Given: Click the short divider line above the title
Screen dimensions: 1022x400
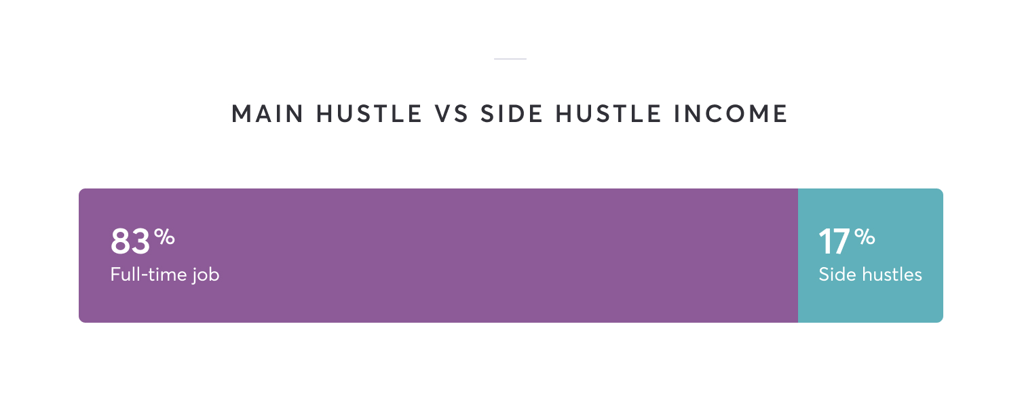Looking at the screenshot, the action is pos(510,59).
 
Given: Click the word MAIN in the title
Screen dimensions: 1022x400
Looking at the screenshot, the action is pos(267,113).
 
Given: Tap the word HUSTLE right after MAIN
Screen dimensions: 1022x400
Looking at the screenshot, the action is pos(368,113).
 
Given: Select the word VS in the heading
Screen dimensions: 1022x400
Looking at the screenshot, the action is pos(451,113).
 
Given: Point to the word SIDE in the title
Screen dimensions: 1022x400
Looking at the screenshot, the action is pos(512,113).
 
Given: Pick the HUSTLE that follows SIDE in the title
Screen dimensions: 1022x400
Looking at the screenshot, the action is pos(608,113).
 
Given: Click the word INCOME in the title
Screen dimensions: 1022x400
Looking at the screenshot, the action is pos(731,113).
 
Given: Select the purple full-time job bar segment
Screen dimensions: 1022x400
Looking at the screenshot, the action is pos(438,256).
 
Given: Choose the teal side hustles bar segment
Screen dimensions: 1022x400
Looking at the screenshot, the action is pos(871,256).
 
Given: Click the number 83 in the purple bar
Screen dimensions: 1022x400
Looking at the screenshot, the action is pos(130,241).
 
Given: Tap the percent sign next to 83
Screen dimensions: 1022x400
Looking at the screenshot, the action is pos(164,237).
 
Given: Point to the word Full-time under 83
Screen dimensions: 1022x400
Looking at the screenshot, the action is pos(149,275).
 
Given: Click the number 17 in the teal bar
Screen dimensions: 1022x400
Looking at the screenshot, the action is pos(834,241).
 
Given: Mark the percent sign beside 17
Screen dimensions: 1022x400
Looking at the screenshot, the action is pos(865,237).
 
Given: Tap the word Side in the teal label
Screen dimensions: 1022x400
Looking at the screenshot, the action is pos(835,275).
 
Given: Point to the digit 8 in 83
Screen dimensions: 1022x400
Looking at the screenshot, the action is pos(120,241).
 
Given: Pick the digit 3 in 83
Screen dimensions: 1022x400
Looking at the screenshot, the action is pos(140,241).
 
